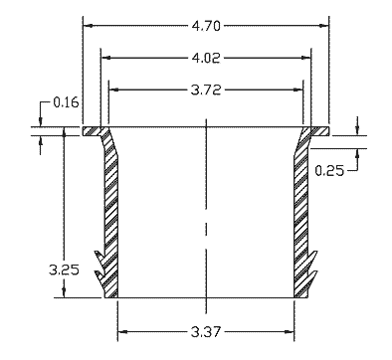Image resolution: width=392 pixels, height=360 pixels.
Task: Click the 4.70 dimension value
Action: point(206,26)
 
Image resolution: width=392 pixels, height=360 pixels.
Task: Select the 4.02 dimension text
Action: point(206,58)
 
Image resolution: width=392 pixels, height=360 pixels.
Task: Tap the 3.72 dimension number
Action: point(206,90)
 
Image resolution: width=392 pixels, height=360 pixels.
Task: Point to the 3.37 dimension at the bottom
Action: point(206,331)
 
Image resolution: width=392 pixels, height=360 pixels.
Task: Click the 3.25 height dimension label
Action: point(64,270)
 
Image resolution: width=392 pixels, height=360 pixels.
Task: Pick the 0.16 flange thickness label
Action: point(67,102)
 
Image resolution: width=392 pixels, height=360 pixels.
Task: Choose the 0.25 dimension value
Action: point(329,171)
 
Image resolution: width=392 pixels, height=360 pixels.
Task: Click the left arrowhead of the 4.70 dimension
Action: point(89,26)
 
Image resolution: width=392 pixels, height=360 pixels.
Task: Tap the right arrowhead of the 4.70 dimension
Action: point(323,26)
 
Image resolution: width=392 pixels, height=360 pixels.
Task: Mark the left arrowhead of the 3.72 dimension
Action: point(114,90)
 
